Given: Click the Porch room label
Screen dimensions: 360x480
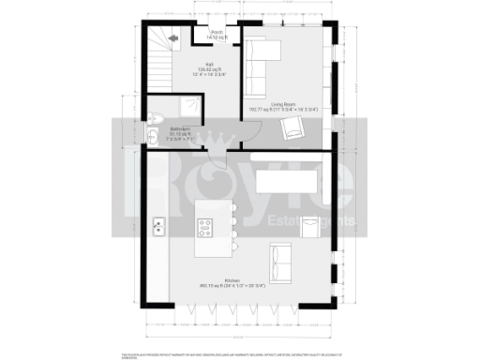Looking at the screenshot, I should pos(217,34).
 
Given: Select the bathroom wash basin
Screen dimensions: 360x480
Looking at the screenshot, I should pos(154,138).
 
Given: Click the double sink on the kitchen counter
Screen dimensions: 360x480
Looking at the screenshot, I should pos(159,226).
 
